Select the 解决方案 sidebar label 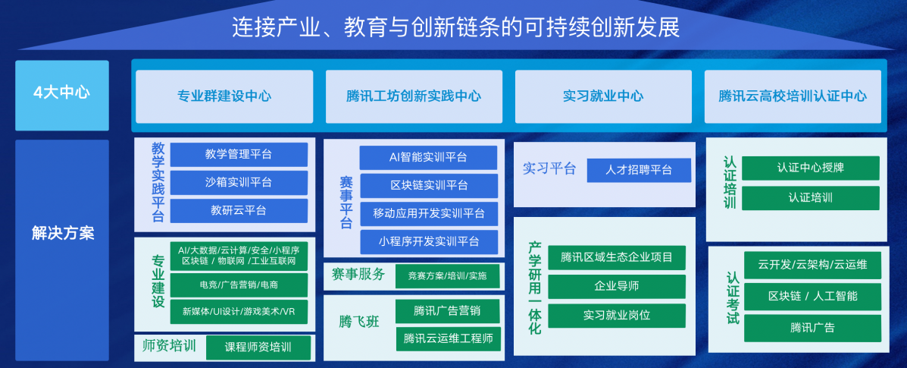tap(62, 233)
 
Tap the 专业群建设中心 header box tap(224, 96)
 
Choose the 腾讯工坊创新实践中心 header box tap(414, 96)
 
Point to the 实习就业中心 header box tap(603, 96)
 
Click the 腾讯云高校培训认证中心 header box tap(793, 96)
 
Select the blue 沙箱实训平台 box tap(239, 183)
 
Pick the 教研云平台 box tap(239, 210)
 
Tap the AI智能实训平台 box tap(428, 158)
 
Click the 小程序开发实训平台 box tap(428, 241)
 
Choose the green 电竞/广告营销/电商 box tap(239, 285)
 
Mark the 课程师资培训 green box tap(258, 348)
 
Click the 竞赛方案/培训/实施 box tap(447, 276)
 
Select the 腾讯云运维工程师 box tap(447, 338)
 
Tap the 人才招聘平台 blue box tap(639, 171)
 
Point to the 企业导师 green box tap(617, 286)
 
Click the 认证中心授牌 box tap(811, 168)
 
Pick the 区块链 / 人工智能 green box tap(813, 296)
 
